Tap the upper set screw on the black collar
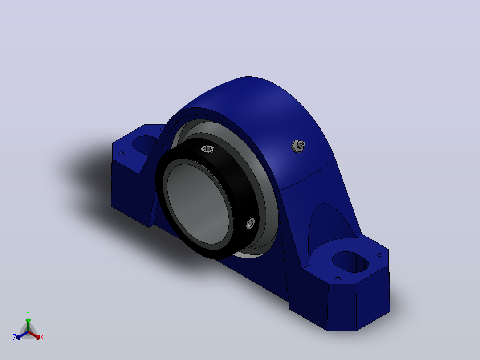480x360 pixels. coord(207,149)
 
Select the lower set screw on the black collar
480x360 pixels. coord(250,223)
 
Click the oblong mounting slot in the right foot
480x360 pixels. coord(350,262)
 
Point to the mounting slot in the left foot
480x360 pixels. coord(144,145)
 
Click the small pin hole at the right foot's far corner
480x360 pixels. coord(379,254)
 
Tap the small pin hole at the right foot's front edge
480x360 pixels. coord(338,278)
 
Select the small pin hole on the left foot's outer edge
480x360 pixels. coord(121,153)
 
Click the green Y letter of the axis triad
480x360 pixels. coord(28,313)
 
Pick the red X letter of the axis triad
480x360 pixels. coord(42,337)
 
